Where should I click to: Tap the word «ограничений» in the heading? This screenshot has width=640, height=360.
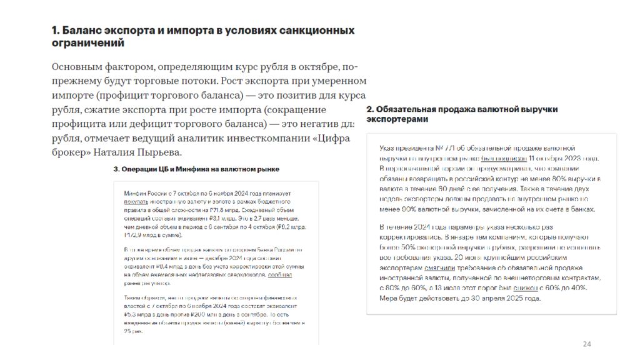[87, 43]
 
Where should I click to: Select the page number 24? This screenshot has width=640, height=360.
[586, 344]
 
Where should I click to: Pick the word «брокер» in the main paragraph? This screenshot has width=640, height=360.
[69, 152]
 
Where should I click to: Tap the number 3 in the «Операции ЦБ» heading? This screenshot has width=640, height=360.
[116, 169]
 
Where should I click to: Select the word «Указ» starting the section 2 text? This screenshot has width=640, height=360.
[388, 147]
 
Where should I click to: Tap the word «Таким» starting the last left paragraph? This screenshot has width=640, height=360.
[132, 299]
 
